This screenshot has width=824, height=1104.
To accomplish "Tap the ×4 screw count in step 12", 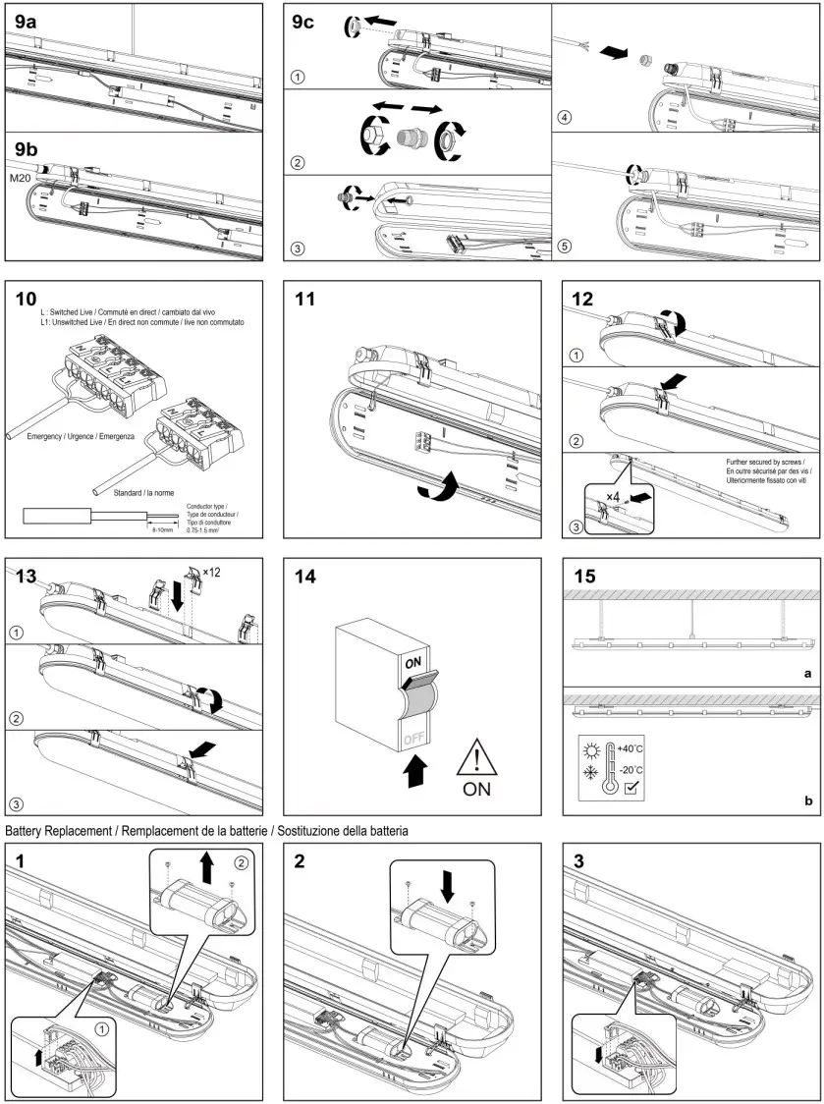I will [x=611, y=496].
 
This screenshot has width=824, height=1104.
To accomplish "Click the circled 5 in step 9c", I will [x=564, y=246].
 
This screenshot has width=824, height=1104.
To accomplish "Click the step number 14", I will [x=307, y=578].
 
